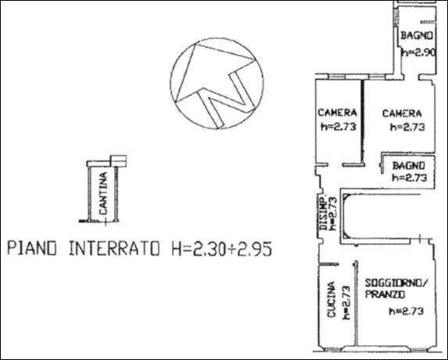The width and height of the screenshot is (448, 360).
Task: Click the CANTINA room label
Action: [103, 193]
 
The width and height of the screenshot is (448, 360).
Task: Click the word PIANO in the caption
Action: [32, 248]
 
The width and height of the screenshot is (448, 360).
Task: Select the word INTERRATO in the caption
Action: [114, 248]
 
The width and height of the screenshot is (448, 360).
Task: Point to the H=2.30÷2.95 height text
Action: [222, 248]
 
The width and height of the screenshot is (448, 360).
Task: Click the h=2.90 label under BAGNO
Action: [418, 52]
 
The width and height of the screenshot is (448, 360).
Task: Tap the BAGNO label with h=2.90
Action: [417, 35]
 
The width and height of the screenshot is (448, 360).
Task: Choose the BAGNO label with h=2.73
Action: [409, 166]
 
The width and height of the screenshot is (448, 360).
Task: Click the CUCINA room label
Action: [331, 300]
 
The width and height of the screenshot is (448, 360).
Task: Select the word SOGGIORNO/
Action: [396, 283]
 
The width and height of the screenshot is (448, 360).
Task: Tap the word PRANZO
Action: [385, 294]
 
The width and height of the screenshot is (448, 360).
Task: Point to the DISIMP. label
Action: [323, 213]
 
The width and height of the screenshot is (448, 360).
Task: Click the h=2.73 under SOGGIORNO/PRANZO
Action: [406, 311]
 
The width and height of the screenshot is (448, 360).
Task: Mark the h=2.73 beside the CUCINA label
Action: [346, 303]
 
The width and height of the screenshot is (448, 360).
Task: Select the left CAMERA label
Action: [338, 113]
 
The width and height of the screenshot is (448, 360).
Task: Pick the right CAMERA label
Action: [402, 113]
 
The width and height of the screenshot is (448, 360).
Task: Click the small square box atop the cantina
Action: [118, 161]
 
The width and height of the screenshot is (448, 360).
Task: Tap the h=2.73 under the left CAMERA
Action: [339, 126]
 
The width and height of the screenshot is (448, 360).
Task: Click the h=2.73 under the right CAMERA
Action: [407, 127]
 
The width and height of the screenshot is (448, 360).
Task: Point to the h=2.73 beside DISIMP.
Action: [333, 214]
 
